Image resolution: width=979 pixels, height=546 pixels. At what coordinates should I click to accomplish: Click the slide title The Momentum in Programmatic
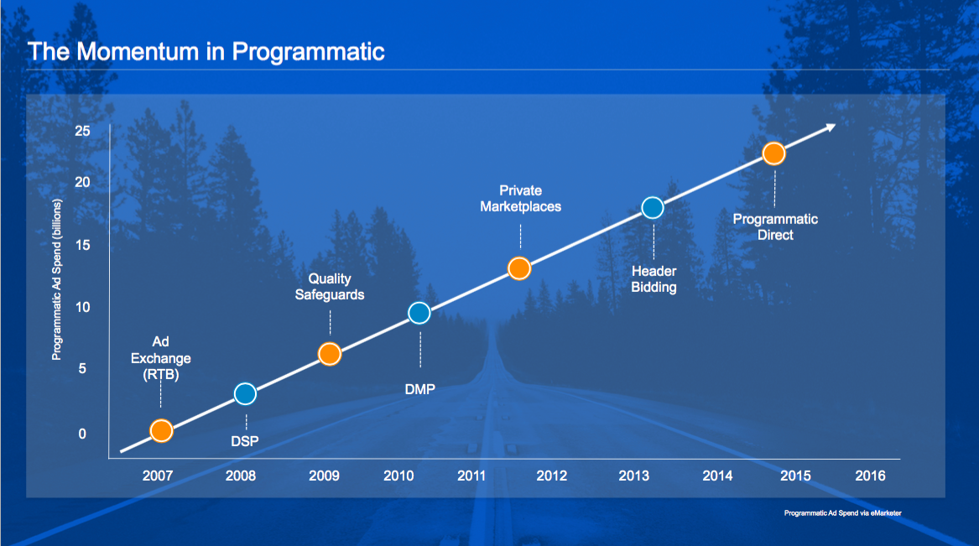click(206, 51)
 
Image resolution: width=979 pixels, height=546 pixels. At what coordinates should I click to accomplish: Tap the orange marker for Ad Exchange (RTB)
click(161, 430)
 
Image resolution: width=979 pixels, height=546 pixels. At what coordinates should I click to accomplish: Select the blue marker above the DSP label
click(245, 393)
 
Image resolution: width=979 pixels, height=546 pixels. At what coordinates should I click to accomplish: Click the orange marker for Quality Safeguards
click(330, 354)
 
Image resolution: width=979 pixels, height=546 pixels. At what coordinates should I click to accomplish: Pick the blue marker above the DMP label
click(419, 313)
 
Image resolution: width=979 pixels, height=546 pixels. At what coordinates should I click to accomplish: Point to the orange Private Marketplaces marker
click(519, 268)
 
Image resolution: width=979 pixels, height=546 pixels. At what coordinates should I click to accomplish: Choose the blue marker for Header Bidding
click(653, 207)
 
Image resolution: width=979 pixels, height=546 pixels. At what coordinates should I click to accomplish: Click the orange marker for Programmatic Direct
click(773, 153)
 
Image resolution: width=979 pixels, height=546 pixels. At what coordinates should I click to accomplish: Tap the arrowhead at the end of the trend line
click(830, 127)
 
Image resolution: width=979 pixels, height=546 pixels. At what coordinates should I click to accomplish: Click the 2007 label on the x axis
click(158, 476)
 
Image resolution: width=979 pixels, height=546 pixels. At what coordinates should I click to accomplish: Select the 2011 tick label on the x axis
click(472, 476)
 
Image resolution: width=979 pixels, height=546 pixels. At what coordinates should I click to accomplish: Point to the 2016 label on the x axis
click(870, 476)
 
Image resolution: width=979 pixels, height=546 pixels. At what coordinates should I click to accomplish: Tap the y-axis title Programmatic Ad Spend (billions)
click(57, 280)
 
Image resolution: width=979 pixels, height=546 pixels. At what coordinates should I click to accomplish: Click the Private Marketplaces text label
click(520, 198)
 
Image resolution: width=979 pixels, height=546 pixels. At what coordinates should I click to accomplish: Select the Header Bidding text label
click(654, 279)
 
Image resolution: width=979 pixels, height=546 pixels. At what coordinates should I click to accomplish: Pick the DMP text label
click(419, 388)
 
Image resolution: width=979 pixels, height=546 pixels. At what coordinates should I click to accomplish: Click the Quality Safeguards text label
click(330, 286)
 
